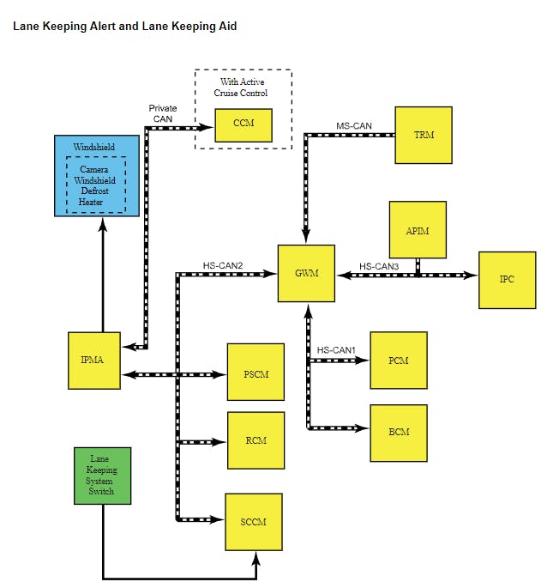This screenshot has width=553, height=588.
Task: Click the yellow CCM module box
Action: tap(243, 124)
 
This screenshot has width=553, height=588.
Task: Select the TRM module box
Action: tap(423, 135)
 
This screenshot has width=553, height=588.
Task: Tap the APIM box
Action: tap(418, 230)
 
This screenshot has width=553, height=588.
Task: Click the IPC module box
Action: tap(507, 280)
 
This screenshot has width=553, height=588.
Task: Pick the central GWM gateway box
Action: tap(306, 273)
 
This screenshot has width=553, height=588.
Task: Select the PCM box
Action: tap(398, 361)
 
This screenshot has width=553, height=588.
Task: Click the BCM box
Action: tap(398, 433)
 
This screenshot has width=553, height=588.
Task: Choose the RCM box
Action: tap(255, 440)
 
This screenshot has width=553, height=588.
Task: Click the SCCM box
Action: tap(254, 521)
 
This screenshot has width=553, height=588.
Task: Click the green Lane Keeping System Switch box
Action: tap(103, 475)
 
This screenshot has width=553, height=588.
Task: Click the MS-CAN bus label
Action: tap(353, 126)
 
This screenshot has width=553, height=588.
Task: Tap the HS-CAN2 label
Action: tap(223, 265)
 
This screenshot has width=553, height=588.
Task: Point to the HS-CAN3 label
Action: tap(379, 266)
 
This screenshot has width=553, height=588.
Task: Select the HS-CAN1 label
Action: tap(336, 350)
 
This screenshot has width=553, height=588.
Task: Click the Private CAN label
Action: tap(163, 113)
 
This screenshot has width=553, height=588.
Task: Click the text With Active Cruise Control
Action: tap(243, 88)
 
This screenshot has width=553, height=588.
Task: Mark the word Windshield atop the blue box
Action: tap(94, 147)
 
